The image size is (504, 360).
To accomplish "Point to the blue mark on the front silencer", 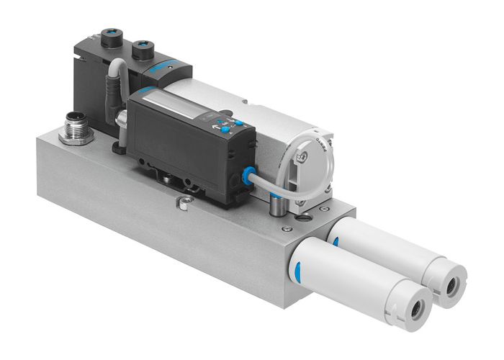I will click(296, 273).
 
